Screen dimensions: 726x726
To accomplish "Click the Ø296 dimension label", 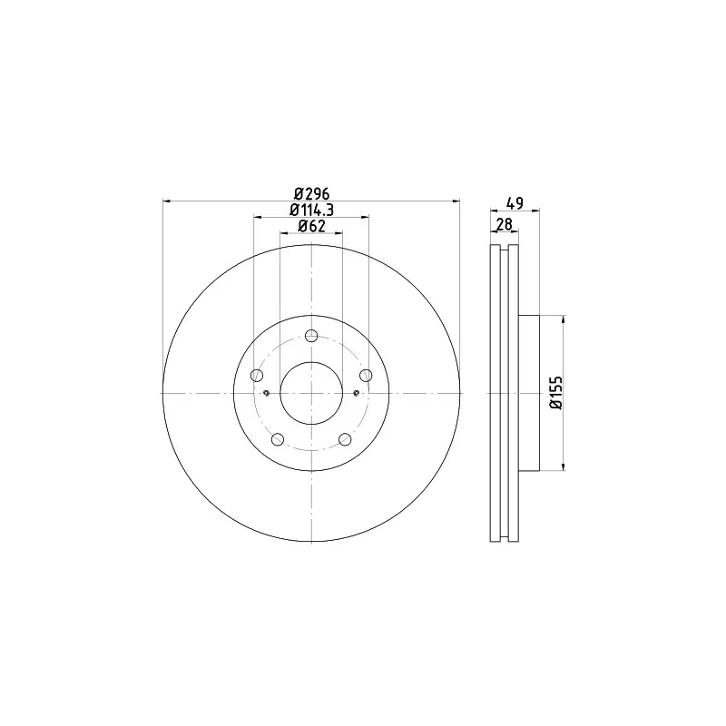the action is [x=311, y=192].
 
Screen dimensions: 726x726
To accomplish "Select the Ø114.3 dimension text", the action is [x=311, y=210].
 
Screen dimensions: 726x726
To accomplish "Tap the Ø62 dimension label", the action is [x=311, y=226].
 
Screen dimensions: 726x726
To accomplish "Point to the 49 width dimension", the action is [x=515, y=203].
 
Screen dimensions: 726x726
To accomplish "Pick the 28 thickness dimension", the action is [x=505, y=224].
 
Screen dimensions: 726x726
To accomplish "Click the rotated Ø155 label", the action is [x=555, y=393].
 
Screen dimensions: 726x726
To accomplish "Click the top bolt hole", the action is [x=311, y=336].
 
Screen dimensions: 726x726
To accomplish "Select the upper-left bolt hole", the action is [x=257, y=375].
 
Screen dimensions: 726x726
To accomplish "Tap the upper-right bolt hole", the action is [x=367, y=375].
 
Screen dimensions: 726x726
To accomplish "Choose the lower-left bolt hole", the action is [x=278, y=439].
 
